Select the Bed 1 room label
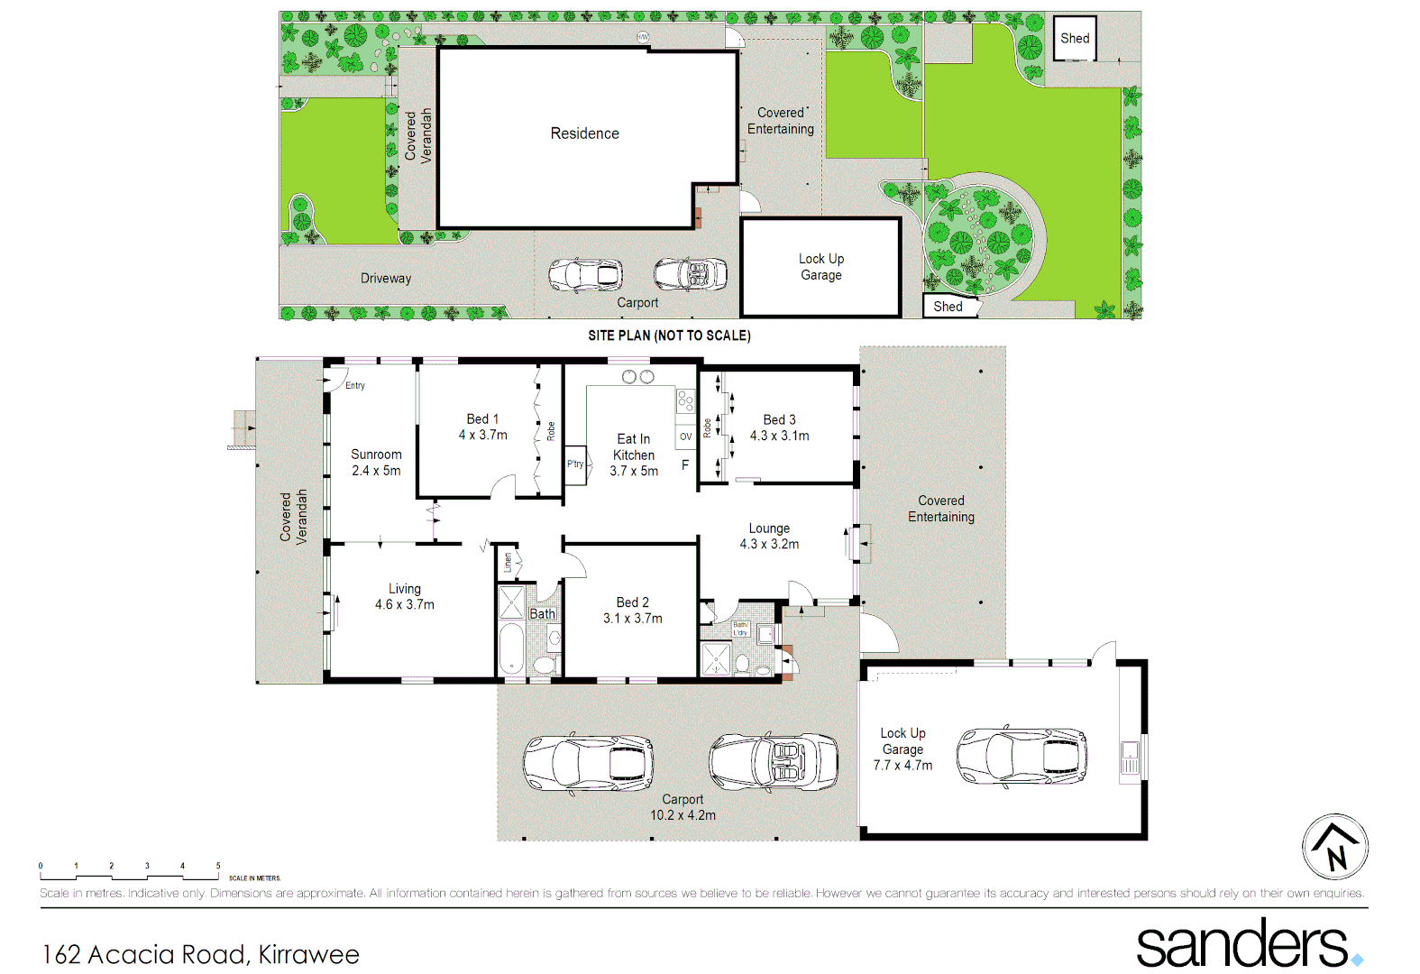point(482,419)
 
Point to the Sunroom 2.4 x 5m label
point(376,463)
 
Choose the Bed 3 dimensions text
point(779,436)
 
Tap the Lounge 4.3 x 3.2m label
point(769,536)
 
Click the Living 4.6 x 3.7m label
point(405,596)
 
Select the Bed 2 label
point(632,602)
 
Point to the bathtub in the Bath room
point(511,648)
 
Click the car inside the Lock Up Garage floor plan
point(1021,756)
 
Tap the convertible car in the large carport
point(774,762)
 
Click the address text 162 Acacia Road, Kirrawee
point(201,954)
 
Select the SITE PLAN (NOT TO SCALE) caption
point(669,335)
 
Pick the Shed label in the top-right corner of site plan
point(1075,38)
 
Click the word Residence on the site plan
point(585,133)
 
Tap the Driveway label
point(386,279)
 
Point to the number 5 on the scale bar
point(218,866)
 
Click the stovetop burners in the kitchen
point(685,401)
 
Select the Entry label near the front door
point(355,385)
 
